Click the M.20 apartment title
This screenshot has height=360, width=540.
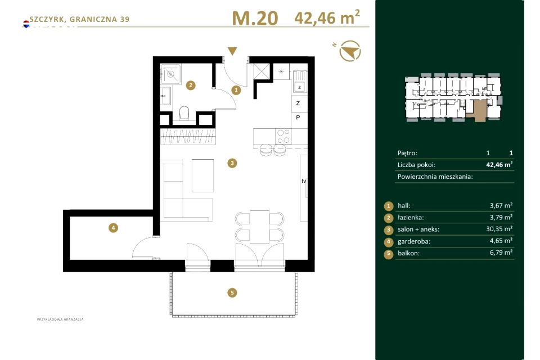(x=255, y=18)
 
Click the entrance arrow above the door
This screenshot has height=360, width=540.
(x=232, y=51)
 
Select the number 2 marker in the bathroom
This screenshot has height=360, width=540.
(x=191, y=85)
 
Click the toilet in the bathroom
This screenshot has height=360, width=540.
(x=184, y=113)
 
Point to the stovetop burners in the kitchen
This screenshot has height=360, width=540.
(x=283, y=136)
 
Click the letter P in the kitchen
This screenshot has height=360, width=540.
(x=298, y=117)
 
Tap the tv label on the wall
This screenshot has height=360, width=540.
(x=304, y=181)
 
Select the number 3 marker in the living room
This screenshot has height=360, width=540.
(x=232, y=163)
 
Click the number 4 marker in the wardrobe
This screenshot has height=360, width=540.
(x=113, y=227)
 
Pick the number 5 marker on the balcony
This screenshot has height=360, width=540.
(x=232, y=293)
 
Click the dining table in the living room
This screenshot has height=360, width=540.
(x=260, y=227)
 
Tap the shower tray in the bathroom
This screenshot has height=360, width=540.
(x=170, y=74)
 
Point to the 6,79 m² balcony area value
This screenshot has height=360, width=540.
(x=501, y=253)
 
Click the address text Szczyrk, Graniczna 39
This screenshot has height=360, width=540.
(x=79, y=19)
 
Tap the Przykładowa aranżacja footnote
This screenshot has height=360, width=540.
(x=60, y=319)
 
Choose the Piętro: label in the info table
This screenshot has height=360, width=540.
(x=407, y=153)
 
